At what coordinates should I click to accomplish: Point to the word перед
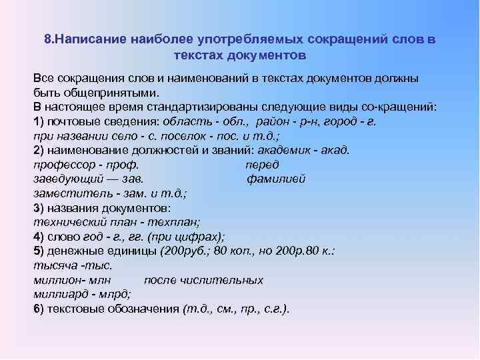pos(262,165)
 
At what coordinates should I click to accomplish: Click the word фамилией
pos(275,179)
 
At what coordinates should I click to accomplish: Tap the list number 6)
pos(38,309)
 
